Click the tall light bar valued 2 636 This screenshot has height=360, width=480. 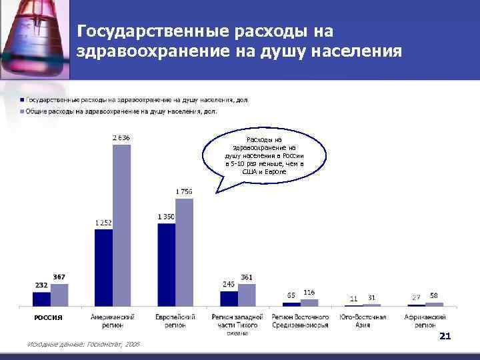(121, 225)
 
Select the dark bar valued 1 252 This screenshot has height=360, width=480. (104, 267)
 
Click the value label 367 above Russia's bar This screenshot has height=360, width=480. (59, 277)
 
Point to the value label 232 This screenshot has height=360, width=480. (42, 285)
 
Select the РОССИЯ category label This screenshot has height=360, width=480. (49, 317)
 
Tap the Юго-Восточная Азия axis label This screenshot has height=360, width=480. (363, 321)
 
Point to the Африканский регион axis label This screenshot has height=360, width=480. (425, 321)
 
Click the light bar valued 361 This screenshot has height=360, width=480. (247, 295)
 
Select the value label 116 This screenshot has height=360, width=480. (309, 292)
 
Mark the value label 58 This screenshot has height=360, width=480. (434, 295)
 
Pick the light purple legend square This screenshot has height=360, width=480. (22, 111)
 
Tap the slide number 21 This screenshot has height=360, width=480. (445, 337)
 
